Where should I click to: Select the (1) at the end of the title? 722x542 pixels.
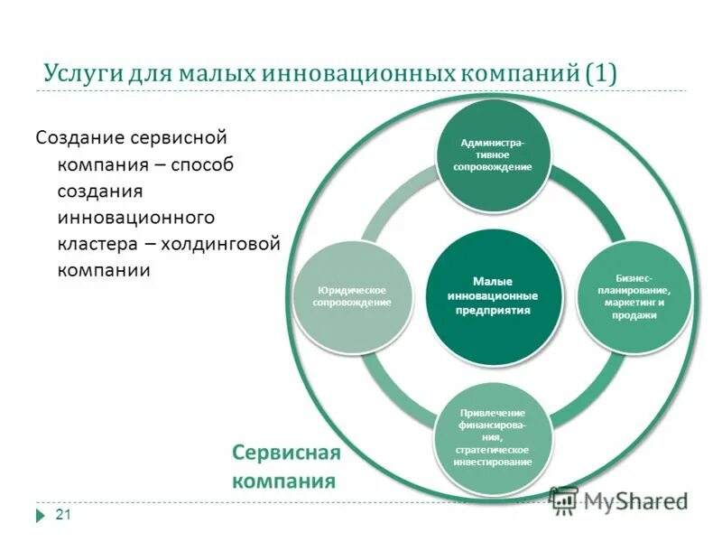coord(601,73)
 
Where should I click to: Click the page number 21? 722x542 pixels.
coord(63,515)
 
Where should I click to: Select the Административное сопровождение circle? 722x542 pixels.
coord(493,154)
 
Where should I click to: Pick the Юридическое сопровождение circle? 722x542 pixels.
coord(352,295)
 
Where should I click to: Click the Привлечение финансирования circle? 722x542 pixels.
coord(493,437)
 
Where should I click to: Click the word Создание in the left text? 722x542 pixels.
coord(79,140)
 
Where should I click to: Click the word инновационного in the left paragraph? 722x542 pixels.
coord(135,218)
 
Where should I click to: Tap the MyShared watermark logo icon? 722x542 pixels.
coord(563,500)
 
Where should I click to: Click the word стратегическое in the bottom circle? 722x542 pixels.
coord(493,449)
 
